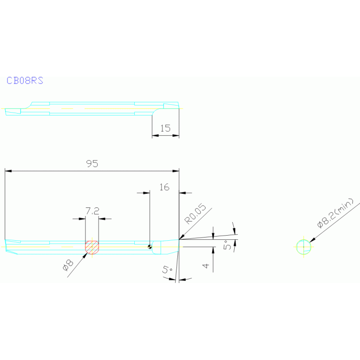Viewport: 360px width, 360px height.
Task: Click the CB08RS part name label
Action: (x=25, y=81)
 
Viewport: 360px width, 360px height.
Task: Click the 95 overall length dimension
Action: (x=92, y=164)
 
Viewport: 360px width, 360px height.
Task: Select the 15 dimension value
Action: (x=165, y=128)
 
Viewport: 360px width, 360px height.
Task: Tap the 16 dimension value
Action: (x=164, y=187)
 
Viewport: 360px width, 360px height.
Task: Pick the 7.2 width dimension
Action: (x=92, y=211)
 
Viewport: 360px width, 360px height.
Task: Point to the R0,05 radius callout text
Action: (x=195, y=214)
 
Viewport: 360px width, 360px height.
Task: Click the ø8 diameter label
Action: (x=68, y=265)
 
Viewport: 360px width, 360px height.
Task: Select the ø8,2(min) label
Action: (x=335, y=213)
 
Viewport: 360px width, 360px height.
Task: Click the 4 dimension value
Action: (x=206, y=266)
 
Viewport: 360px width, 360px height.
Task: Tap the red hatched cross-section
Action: (x=92, y=247)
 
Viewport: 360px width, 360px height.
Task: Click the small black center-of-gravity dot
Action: (x=150, y=247)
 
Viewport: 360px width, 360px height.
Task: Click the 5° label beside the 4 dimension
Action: (x=227, y=245)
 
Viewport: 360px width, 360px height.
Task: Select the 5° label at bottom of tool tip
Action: (x=168, y=269)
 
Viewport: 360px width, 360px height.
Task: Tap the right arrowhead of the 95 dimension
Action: (x=176, y=171)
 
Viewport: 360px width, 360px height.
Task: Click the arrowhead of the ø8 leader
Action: (x=85, y=255)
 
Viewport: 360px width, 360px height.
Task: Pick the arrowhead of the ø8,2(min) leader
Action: (x=312, y=240)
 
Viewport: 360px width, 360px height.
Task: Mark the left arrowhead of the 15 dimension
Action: (x=155, y=136)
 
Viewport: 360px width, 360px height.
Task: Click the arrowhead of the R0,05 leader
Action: (x=182, y=237)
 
